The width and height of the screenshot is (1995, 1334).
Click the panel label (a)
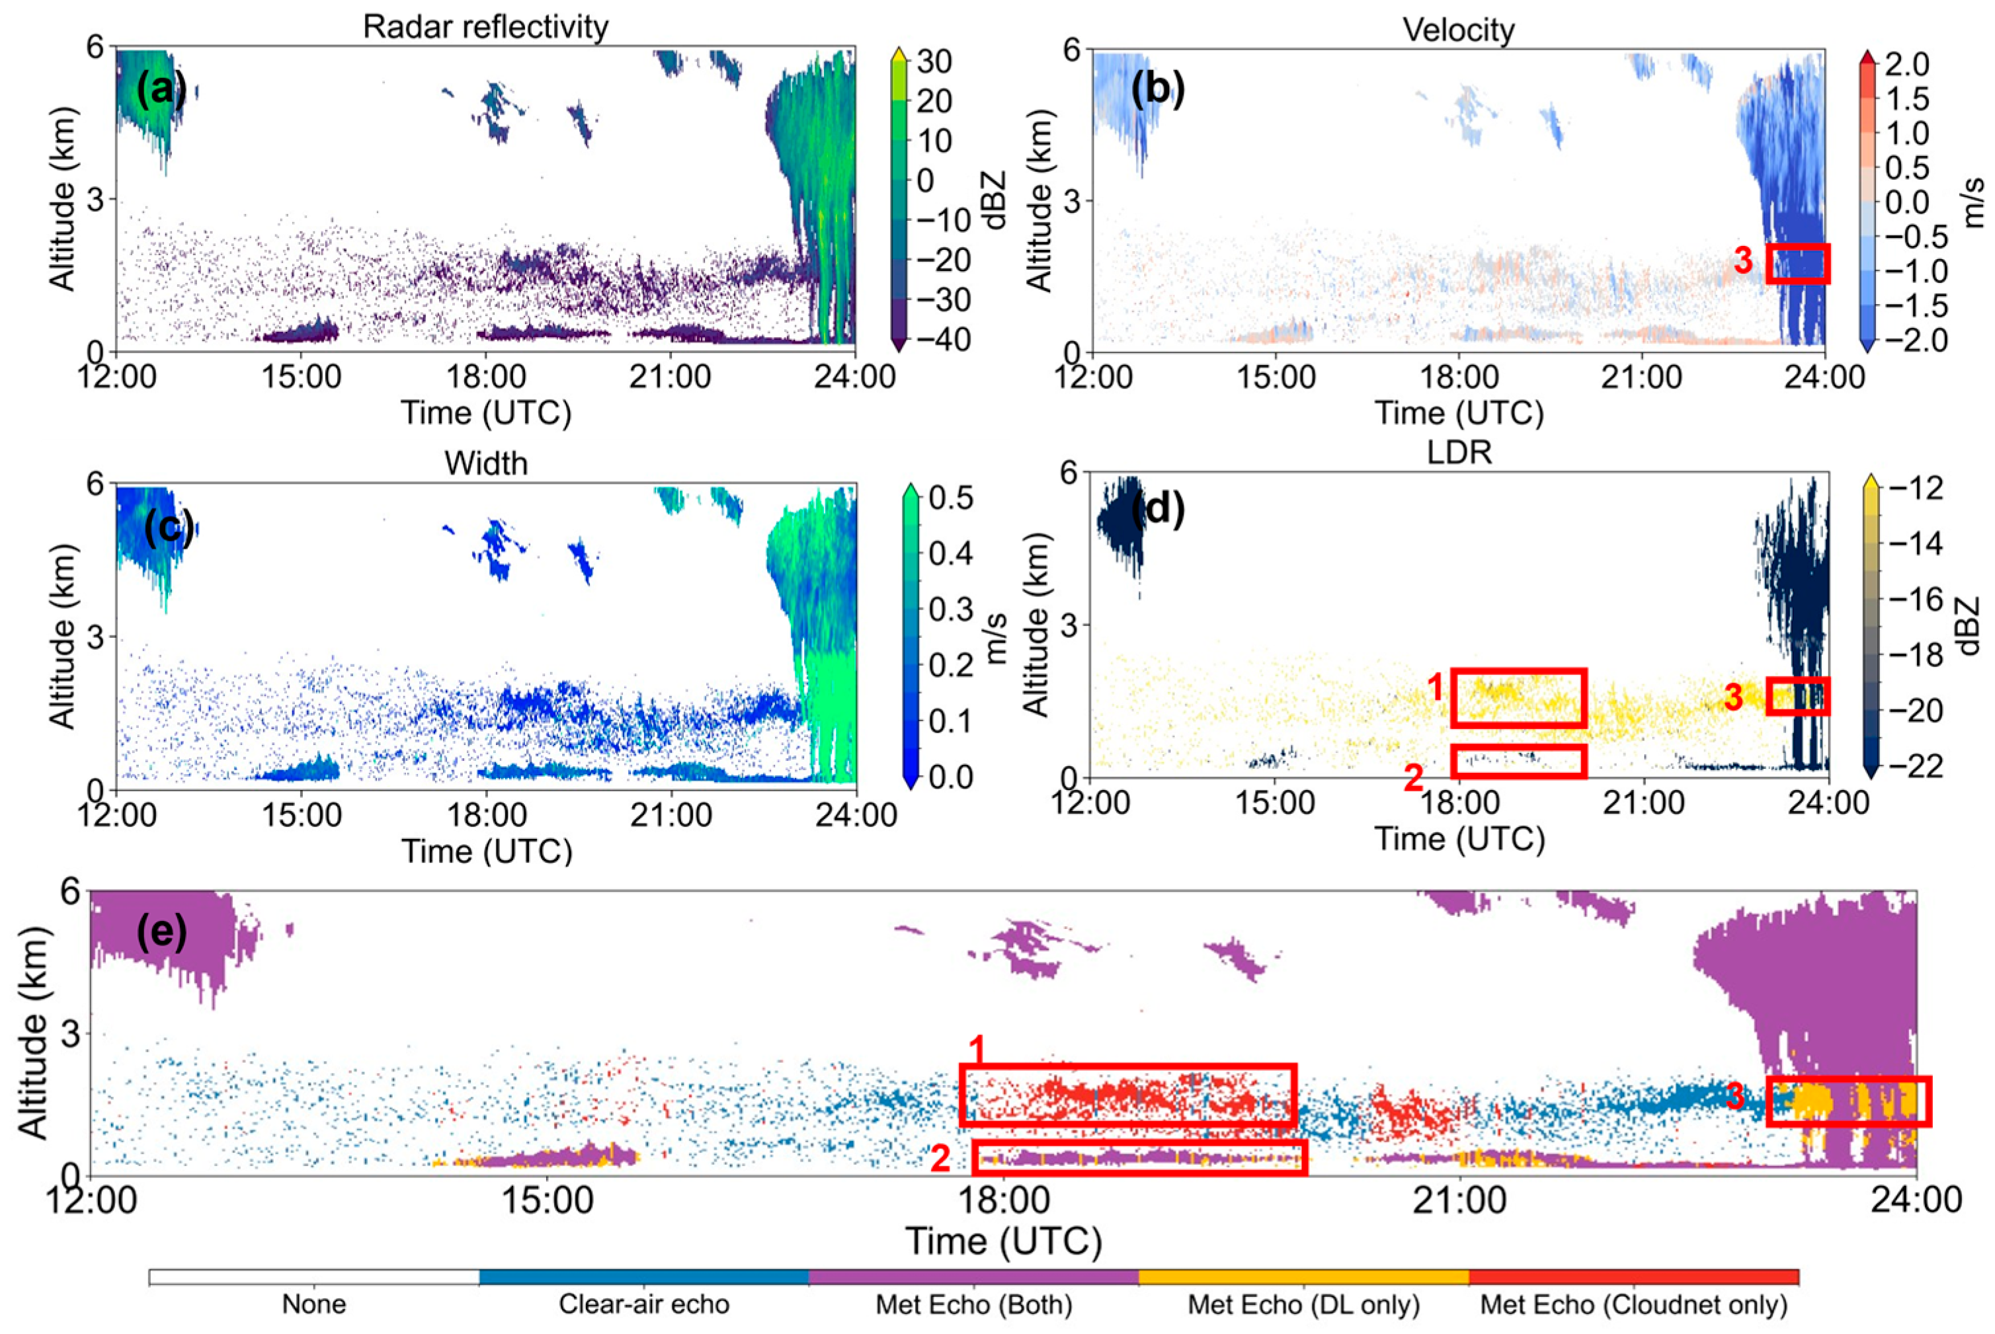(161, 89)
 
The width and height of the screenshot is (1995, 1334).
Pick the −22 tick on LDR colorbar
(1922, 767)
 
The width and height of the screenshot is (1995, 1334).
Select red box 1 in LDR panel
(1518, 697)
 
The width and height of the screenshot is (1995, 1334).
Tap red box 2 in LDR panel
(1518, 761)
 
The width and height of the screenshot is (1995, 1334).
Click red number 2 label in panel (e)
(940, 1159)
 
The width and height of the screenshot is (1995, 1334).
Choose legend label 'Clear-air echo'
(643, 1304)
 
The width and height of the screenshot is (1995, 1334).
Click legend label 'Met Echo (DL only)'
(1303, 1304)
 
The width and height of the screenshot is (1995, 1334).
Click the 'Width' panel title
(485, 463)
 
